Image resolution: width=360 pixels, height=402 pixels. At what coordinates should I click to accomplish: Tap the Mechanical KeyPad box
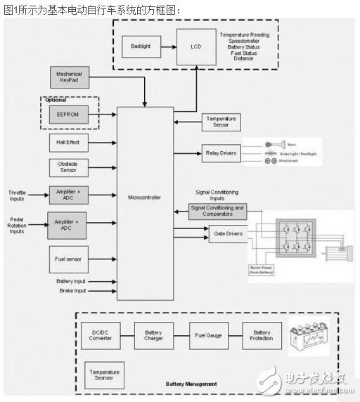(69, 77)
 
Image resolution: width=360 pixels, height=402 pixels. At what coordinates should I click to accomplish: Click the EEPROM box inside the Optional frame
(69, 112)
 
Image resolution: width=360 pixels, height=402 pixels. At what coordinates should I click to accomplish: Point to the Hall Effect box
(68, 142)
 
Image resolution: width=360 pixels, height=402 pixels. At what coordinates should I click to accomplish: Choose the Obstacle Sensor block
(68, 167)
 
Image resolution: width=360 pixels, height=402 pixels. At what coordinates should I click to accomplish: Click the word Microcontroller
(145, 197)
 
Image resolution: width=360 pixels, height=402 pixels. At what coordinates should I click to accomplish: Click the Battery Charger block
(153, 335)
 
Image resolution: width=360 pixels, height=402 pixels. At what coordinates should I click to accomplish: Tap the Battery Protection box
(262, 335)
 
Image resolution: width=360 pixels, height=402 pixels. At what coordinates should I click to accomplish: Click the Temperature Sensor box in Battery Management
(104, 374)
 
